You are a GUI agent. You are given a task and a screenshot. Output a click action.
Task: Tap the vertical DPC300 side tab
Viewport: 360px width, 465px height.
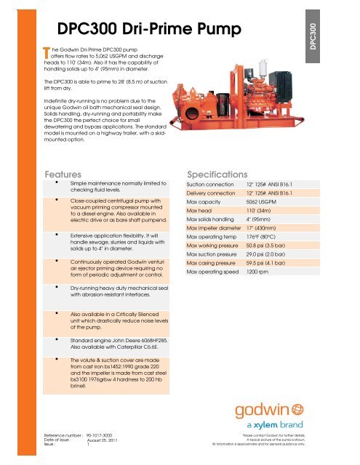click(335, 36)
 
